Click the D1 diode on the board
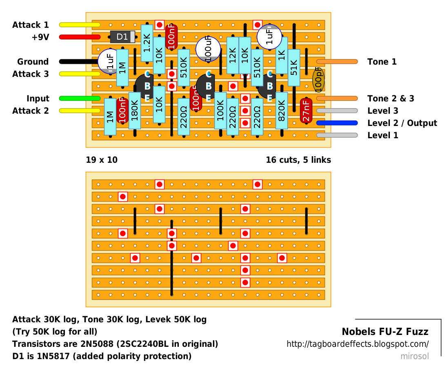pos(122,37)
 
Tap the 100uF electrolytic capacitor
pos(209,49)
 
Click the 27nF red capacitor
pos(306,111)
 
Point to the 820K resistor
pos(282,111)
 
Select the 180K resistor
pos(135,111)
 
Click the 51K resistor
pos(294,68)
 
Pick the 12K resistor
pos(233,56)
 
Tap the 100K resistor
pos(220,111)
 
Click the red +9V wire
pos(80,37)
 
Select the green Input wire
pos(80,98)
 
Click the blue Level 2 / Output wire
pos(337,123)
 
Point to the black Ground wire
pos(79,62)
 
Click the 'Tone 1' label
pos(382,62)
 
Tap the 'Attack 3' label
pos(31,74)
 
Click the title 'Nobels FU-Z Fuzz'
pos(385,331)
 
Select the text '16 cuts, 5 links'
pos(298,160)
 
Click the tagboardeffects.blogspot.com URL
pos(358,344)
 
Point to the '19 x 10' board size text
pos(102,160)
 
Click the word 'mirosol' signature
pos(414,356)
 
